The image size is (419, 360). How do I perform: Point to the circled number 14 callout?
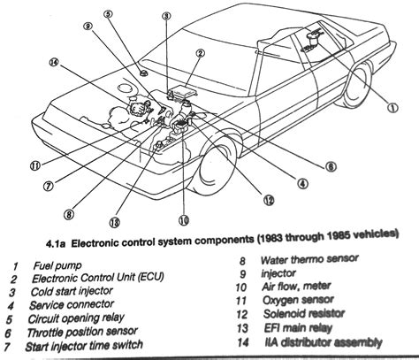click(x=55, y=63)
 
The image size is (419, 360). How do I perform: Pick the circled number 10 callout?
click(x=183, y=217)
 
